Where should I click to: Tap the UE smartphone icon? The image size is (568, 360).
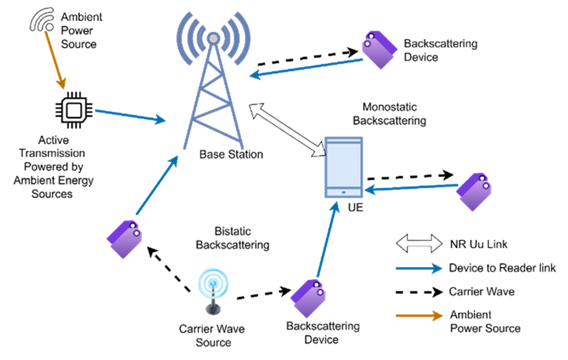click(x=344, y=168)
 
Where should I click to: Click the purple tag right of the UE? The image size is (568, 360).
click(x=474, y=191)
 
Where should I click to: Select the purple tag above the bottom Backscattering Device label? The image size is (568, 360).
click(x=308, y=298)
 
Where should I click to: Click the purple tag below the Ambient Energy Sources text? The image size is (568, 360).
click(x=124, y=239)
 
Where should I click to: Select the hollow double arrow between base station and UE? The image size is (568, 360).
click(x=286, y=127)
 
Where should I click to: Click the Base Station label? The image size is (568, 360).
click(x=231, y=155)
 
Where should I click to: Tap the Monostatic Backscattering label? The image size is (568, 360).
click(x=389, y=114)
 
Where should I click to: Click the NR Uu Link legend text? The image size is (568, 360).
click(x=478, y=244)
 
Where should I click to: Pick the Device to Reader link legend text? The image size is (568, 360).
click(x=502, y=268)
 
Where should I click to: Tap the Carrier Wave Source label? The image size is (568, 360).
click(x=212, y=335)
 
